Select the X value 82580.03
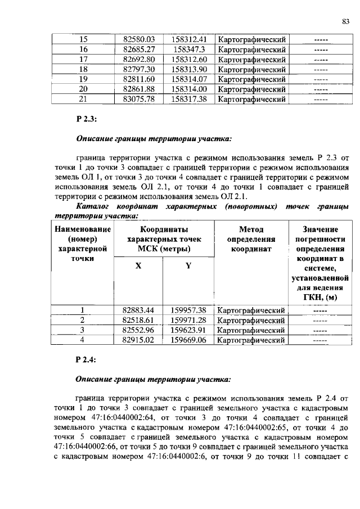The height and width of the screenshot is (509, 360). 138,40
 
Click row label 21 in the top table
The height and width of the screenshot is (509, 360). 84,99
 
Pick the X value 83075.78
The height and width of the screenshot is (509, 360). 138,99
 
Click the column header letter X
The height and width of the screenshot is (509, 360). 138,266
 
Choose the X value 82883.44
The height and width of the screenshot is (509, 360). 138,310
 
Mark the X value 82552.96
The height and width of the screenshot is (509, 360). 138,330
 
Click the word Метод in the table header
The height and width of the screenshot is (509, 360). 251,229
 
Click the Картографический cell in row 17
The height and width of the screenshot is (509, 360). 251,60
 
